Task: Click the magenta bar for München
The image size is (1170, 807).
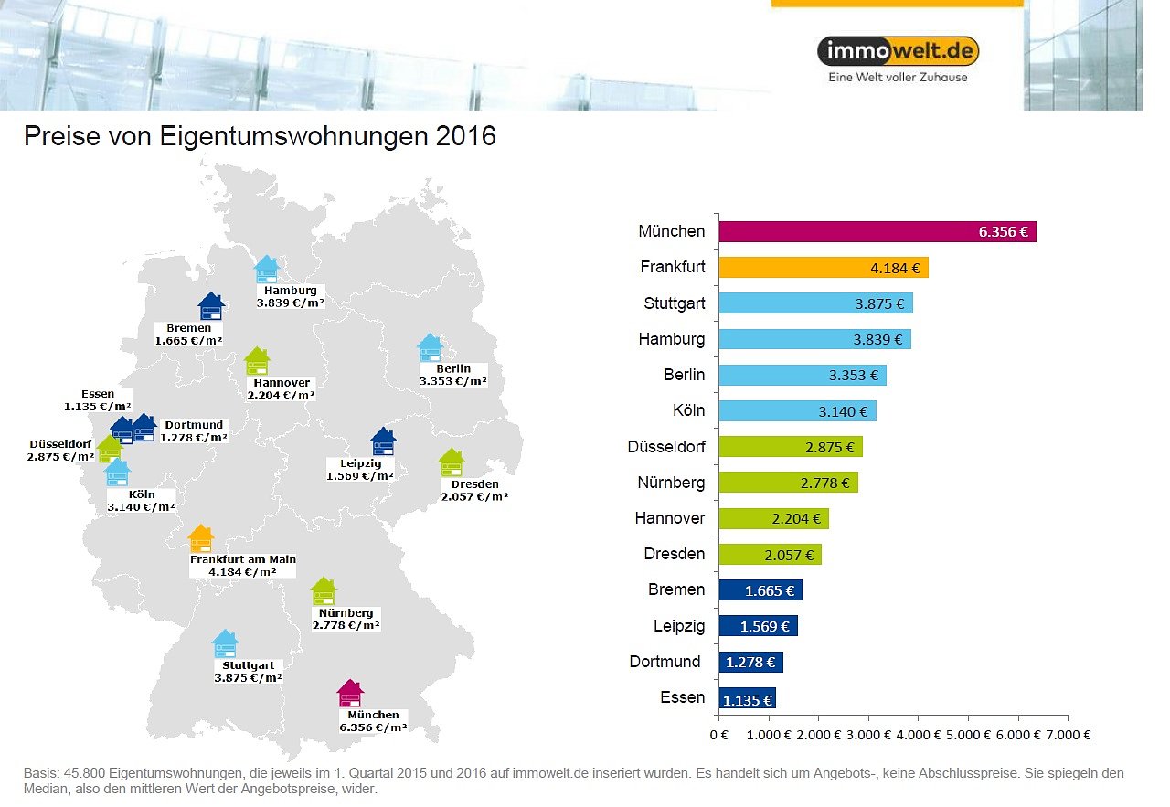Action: pyautogui.click(x=877, y=231)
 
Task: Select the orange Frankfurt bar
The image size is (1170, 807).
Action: pyautogui.click(x=823, y=268)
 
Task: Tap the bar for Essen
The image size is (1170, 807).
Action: pyautogui.click(x=747, y=699)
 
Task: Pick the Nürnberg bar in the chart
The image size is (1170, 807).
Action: pyautogui.click(x=788, y=482)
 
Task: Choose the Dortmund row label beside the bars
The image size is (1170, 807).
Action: pyautogui.click(x=665, y=662)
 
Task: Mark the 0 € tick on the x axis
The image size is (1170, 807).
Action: pyautogui.click(x=718, y=734)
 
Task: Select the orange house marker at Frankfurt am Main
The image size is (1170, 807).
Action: pyautogui.click(x=200, y=539)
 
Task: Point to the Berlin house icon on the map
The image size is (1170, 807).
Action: pyautogui.click(x=430, y=348)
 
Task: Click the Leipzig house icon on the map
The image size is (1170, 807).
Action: pyautogui.click(x=383, y=441)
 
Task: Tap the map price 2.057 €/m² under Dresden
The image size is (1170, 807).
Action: pyautogui.click(x=474, y=496)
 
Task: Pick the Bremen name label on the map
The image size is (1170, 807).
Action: pyautogui.click(x=189, y=328)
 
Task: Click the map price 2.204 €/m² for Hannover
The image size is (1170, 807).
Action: pyautogui.click(x=281, y=396)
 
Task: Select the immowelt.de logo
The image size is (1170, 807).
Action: pyautogui.click(x=898, y=51)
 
